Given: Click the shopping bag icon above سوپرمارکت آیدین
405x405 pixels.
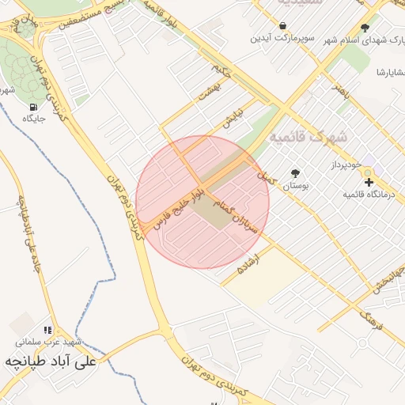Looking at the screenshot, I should [282, 25].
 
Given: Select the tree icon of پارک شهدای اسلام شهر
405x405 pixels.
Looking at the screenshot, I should [364, 28].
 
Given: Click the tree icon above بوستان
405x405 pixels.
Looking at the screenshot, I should [295, 173].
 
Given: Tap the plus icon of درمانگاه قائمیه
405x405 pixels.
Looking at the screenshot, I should [369, 183].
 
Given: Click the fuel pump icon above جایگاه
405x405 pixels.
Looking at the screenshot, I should [32, 107].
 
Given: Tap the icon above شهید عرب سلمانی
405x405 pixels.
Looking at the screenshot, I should [47, 330].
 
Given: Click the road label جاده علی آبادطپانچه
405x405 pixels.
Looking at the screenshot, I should [25, 229].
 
